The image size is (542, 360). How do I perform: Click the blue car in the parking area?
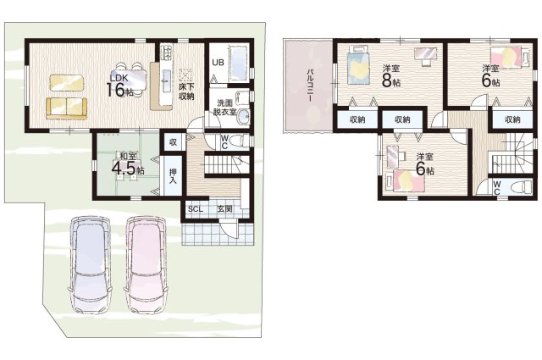click(x=91, y=264)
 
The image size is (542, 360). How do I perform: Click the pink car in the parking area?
click(x=146, y=264)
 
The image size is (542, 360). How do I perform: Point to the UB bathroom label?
click(x=218, y=63)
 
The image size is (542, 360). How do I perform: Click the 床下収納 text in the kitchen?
click(x=186, y=91)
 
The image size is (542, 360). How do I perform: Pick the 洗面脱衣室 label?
click(x=224, y=108)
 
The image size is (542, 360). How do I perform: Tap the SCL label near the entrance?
click(x=196, y=209)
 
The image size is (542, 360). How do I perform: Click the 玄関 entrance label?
click(x=224, y=209)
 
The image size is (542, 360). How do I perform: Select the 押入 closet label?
click(x=173, y=176)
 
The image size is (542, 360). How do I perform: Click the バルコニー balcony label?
click(x=310, y=85)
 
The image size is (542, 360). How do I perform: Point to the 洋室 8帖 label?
click(x=391, y=76)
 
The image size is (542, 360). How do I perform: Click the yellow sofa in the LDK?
click(x=66, y=108)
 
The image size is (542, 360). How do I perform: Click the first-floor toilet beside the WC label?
click(x=240, y=141)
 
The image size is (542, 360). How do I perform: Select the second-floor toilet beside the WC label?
click(x=522, y=187)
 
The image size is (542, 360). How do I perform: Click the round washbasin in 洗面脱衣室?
click(x=243, y=116)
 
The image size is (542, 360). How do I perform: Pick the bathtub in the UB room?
click(x=239, y=63)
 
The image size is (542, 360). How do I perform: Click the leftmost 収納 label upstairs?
click(x=357, y=120)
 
